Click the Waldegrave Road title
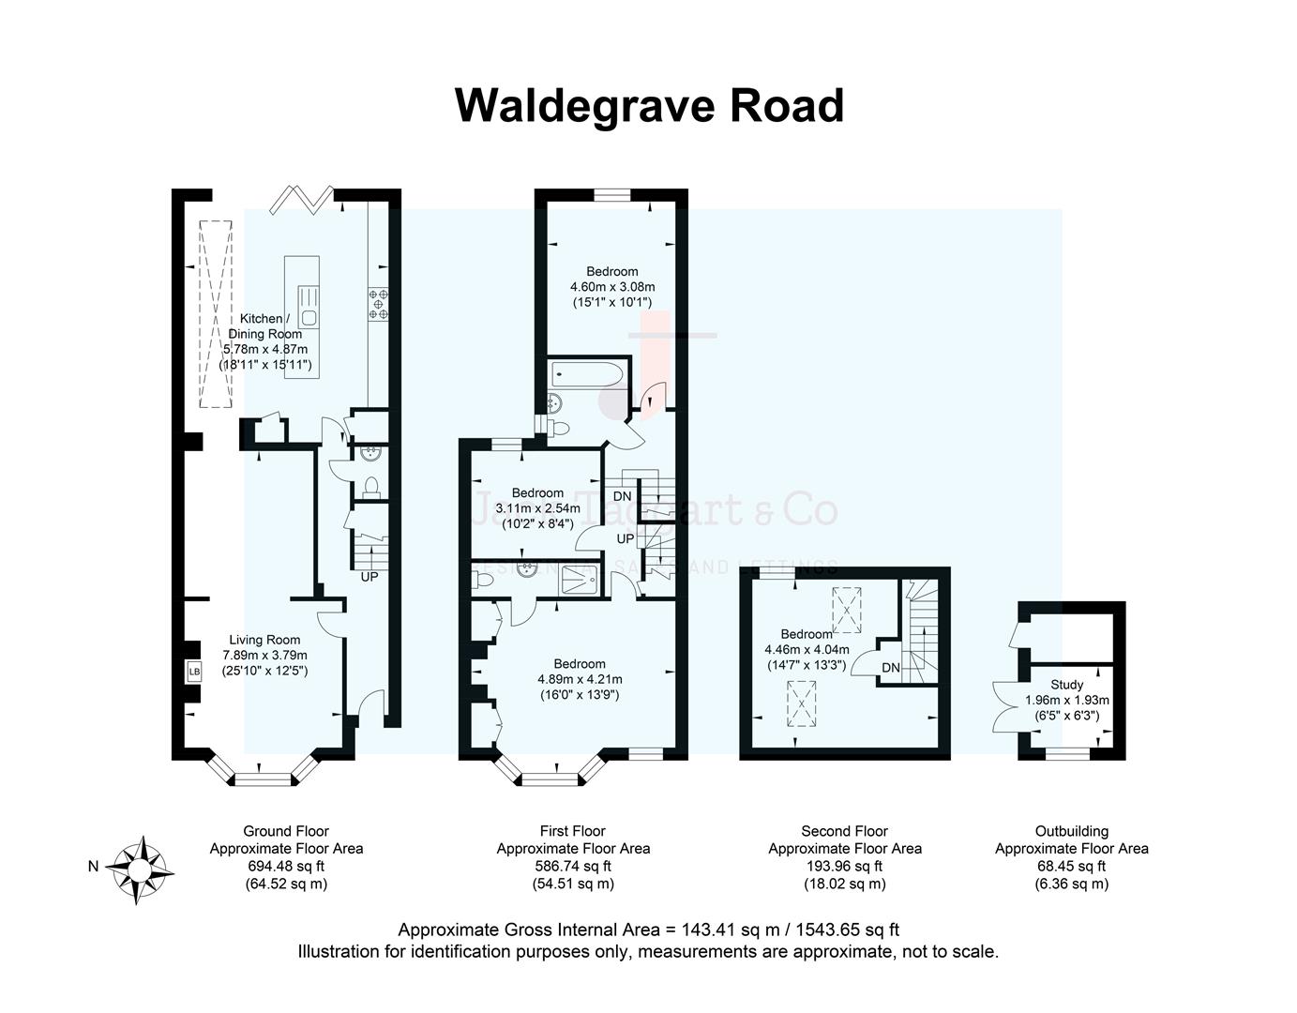[x=649, y=105]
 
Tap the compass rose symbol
[x=139, y=869]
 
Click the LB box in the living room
[x=194, y=672]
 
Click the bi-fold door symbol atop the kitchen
[x=301, y=200]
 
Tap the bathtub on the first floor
[x=585, y=374]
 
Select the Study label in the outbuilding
[x=1067, y=685]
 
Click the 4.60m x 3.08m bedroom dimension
[x=612, y=287]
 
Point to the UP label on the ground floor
[x=369, y=577]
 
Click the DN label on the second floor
[x=891, y=667]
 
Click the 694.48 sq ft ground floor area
[x=286, y=866]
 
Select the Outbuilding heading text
[x=1072, y=831]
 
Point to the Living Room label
[x=264, y=640]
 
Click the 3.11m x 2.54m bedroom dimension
[x=537, y=508]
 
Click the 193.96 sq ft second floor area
[x=845, y=866]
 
